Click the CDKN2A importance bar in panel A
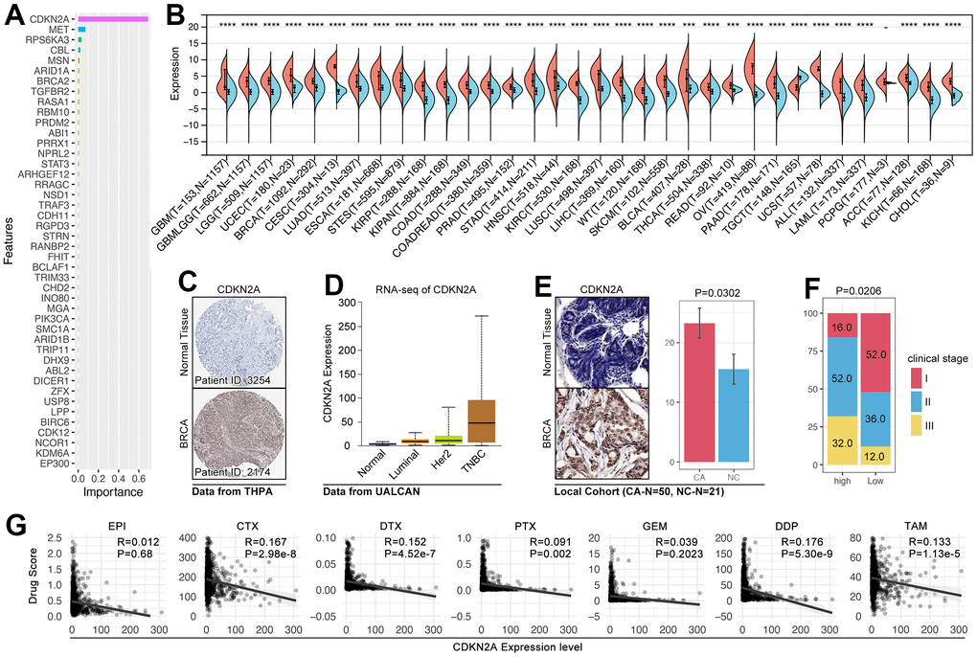pyautogui.click(x=112, y=19)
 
